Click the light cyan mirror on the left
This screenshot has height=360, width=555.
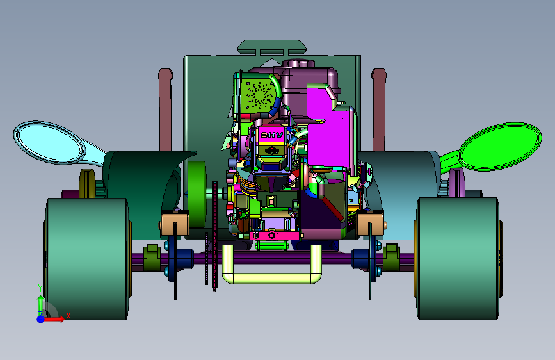[x=49, y=142]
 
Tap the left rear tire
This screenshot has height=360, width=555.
[x=86, y=259]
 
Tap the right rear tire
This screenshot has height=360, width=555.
[x=458, y=259]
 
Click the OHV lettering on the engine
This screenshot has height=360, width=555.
[x=271, y=135]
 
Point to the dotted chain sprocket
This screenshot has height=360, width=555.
[x=214, y=236]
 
